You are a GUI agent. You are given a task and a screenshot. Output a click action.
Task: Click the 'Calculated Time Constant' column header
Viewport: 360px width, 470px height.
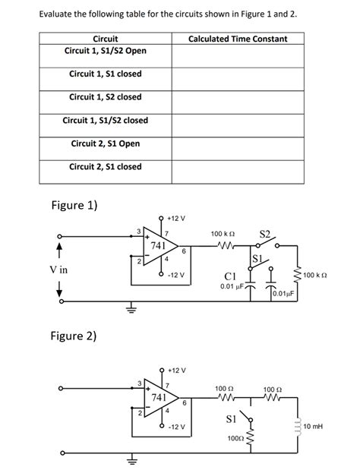(237, 38)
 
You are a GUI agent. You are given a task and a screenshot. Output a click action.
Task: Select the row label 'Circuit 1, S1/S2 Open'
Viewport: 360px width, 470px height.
(106, 50)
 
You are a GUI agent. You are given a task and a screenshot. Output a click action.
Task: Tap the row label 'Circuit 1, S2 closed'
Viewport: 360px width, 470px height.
(106, 97)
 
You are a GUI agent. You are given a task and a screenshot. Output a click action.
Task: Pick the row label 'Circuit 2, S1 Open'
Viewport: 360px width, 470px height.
(106, 144)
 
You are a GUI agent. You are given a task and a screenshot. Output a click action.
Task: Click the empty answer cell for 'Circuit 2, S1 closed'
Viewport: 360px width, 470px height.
(237, 167)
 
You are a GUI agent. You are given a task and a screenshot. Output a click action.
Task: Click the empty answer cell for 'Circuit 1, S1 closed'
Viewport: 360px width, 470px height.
(237, 74)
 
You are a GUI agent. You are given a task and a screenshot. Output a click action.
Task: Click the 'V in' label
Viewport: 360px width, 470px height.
(58, 270)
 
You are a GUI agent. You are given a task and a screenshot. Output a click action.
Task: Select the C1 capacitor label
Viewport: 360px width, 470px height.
(232, 275)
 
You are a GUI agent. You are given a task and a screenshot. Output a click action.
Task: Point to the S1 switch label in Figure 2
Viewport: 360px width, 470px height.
(233, 418)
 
